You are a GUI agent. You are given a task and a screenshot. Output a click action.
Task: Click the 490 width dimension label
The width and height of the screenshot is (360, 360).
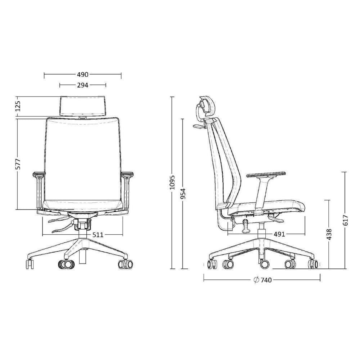82,75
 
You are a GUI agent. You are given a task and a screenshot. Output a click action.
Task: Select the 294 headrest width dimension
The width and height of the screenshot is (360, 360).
82,85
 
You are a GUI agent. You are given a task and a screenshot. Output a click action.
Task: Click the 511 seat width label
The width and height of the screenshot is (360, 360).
98,235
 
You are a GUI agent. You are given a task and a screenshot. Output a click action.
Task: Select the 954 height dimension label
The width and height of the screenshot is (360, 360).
183,194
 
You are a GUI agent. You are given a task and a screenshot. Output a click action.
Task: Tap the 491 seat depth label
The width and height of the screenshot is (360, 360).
279,234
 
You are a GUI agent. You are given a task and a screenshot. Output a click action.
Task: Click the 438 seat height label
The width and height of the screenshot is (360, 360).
329,234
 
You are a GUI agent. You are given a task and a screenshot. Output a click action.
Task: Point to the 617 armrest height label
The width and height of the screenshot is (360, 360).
346,220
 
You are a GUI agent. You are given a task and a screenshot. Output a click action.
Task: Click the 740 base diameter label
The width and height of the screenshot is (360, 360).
266,280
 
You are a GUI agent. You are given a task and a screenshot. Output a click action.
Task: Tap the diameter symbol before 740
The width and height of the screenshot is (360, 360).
256,280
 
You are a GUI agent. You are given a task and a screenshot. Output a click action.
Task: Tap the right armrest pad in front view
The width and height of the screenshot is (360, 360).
127,175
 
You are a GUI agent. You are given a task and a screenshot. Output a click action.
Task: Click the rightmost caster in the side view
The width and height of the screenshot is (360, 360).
313,265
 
